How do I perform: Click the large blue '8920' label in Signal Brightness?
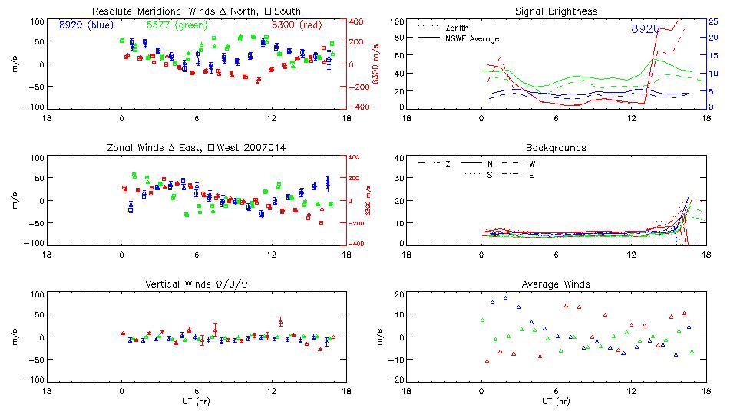(x=646, y=28)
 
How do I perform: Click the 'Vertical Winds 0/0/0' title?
(x=196, y=284)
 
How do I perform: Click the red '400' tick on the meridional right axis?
(x=357, y=21)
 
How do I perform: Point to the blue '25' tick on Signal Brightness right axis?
(x=712, y=21)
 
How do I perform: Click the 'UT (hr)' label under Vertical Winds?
(x=196, y=400)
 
